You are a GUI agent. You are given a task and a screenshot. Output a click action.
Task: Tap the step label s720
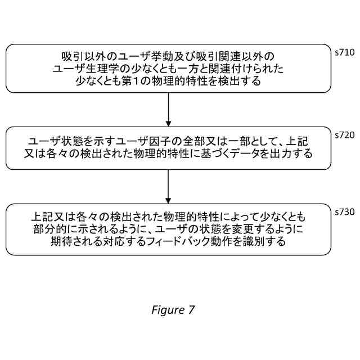344,135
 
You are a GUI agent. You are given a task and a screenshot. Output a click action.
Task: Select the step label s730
344,212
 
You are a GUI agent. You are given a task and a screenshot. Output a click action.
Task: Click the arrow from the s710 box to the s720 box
168,110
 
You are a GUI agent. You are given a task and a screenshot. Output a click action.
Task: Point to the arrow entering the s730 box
168,186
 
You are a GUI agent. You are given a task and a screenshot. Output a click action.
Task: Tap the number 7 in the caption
191,310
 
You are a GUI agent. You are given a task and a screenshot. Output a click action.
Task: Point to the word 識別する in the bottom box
267,242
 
